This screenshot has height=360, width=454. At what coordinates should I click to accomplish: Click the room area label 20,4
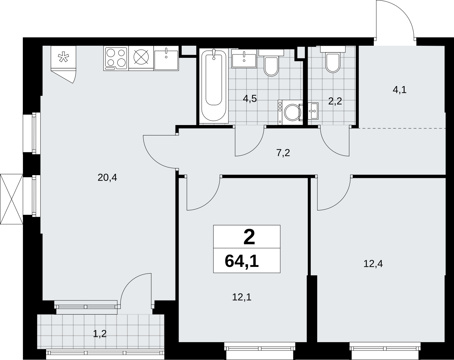coord(107,178)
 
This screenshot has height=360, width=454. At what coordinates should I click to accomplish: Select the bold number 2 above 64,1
coord(249,237)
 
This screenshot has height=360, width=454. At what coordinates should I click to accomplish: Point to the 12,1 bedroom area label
coord(242,297)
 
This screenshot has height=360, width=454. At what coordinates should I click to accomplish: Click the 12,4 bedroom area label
coord(373,264)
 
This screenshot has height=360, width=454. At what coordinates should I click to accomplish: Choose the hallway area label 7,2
coord(283,153)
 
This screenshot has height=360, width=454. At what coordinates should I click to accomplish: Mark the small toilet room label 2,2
coord(335,102)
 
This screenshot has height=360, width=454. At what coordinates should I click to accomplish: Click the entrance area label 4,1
coord(400,90)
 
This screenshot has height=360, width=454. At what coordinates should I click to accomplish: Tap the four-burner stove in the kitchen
coord(116,59)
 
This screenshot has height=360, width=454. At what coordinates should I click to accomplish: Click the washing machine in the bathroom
coord(291,112)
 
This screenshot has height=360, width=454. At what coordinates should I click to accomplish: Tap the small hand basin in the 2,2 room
coord(313,111)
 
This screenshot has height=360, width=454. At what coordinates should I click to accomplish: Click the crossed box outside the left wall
coord(11,199)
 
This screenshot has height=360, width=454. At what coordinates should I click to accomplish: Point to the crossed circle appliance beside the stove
coord(141,57)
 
